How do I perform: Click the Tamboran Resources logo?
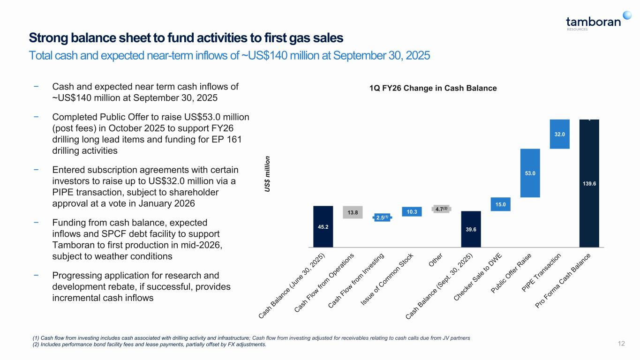(593, 22)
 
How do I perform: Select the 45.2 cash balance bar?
(323, 226)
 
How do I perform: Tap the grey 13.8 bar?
(353, 212)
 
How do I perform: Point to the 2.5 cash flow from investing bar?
(382, 217)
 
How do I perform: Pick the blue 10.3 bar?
(412, 212)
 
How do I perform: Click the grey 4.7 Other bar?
(441, 209)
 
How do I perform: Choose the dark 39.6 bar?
(471, 229)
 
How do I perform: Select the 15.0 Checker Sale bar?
(500, 204)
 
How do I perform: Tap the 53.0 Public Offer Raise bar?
(530, 173)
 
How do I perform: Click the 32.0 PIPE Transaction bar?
(559, 134)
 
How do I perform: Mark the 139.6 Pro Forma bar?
(589, 183)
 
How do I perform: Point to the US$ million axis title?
(269, 173)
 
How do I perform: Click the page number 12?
(622, 344)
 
